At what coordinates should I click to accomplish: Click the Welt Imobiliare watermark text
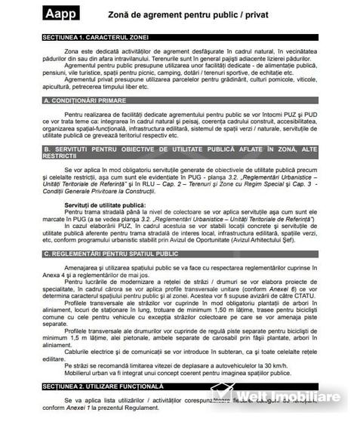pyautogui.click(x=290, y=397)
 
